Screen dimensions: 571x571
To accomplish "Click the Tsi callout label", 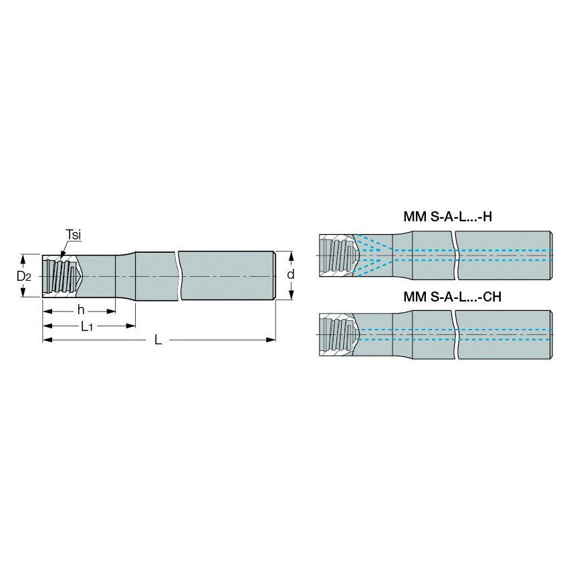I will (74, 234).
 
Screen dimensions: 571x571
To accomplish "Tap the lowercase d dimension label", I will (291, 275).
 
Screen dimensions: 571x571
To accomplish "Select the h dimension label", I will (80, 310).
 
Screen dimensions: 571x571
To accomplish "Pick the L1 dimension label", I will (87, 326).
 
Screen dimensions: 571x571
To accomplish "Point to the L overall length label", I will (158, 340).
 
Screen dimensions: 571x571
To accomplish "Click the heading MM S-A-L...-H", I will (448, 217).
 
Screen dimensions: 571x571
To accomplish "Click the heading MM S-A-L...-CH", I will (452, 296).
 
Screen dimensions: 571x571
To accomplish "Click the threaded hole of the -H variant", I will (338, 255).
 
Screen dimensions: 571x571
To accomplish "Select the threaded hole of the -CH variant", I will (338, 334).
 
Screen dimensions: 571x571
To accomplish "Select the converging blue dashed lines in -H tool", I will (374, 255).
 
